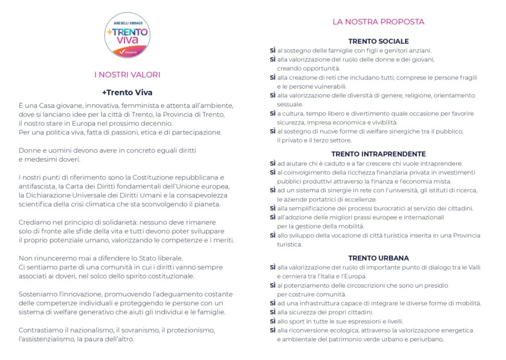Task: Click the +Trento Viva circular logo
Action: pyautogui.click(x=127, y=35)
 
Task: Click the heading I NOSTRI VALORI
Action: pyautogui.click(x=127, y=75)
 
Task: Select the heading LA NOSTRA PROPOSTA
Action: pyautogui.click(x=378, y=22)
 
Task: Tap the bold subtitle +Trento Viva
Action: pyautogui.click(x=127, y=92)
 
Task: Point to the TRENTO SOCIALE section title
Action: pyautogui.click(x=379, y=42)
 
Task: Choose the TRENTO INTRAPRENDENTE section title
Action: pyautogui.click(x=379, y=154)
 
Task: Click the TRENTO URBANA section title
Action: pyautogui.click(x=379, y=258)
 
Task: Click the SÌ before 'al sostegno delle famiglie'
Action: pyautogui.click(x=273, y=50)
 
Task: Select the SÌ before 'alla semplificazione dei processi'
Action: pyautogui.click(x=273, y=208)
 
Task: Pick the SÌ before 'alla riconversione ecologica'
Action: pyautogui.click(x=273, y=330)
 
